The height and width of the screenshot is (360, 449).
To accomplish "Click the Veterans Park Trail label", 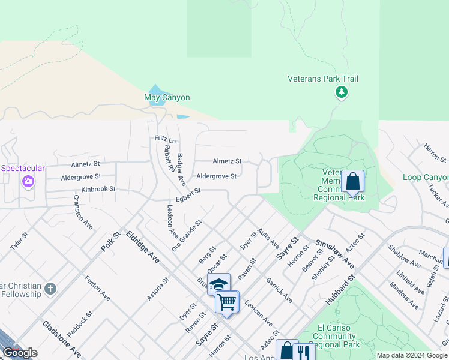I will pos(323,79).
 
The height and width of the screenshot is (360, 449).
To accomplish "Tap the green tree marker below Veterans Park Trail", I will pos(341,92).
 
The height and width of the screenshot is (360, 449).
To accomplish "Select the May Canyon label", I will pos(167,97).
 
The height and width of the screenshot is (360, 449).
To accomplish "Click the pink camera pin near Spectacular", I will pos(28,181).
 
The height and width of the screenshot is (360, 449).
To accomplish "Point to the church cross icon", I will pos(50,289).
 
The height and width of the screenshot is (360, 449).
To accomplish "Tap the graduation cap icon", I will pos(219,284).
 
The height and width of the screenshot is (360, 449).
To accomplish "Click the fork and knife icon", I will pos(304,350).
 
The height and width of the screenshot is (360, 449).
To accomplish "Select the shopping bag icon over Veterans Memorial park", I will pos(352,181).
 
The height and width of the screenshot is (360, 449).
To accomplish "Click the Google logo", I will pos(20,353).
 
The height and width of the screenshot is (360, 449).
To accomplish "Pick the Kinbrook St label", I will pos(98,189).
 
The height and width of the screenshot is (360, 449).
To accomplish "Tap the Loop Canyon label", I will pos(426,177).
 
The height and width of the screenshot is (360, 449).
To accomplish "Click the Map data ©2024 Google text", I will pos(412,355).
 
